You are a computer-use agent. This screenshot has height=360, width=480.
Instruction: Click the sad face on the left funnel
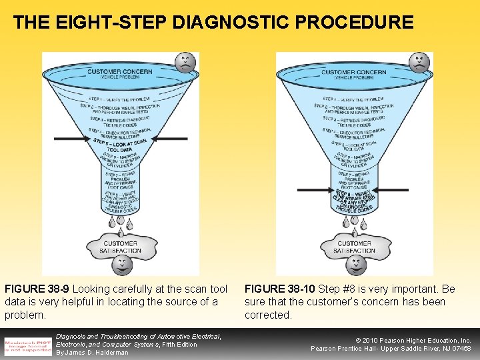click(x=185, y=65)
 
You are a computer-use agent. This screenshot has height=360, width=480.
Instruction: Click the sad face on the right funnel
click(x=419, y=65)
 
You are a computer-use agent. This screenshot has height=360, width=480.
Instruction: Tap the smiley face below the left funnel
click(x=121, y=265)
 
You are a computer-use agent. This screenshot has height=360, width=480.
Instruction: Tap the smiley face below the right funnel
click(x=355, y=265)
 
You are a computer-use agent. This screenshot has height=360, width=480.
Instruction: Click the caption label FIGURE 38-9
click(x=37, y=289)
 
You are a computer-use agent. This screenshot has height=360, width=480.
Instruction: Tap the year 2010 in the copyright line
click(x=373, y=340)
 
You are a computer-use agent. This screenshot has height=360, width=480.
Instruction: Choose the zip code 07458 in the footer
click(x=460, y=349)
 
